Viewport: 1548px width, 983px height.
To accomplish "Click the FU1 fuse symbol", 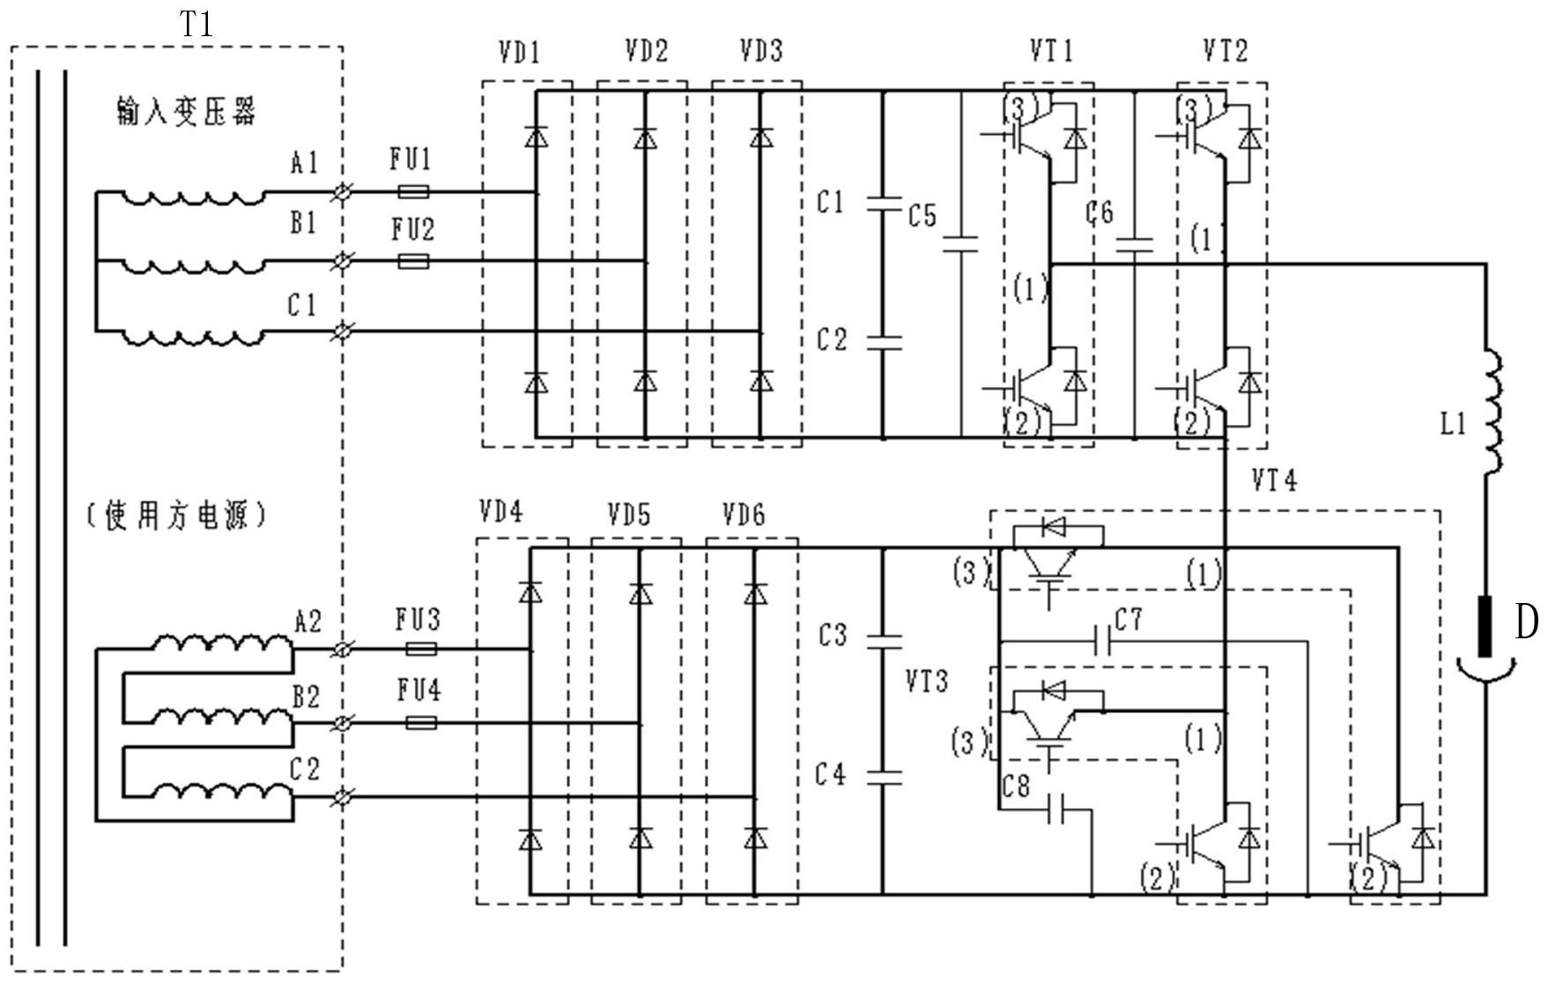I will click(413, 191).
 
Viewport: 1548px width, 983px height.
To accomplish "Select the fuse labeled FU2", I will click(413, 261).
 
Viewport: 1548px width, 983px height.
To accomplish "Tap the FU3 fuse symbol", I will click(420, 650).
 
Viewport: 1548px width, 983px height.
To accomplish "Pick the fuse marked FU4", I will click(420, 724).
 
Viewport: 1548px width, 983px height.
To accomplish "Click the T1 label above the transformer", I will click(197, 24).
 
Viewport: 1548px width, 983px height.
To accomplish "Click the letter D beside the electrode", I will click(1526, 622).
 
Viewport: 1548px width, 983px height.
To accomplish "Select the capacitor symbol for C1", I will click(883, 204).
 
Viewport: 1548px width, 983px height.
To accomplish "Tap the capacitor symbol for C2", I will click(883, 340).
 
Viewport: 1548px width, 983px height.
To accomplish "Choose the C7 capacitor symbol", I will click(1100, 641).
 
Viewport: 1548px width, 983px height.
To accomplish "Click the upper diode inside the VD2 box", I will click(646, 138).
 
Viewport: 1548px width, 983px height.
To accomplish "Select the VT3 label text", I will click(926, 681).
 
